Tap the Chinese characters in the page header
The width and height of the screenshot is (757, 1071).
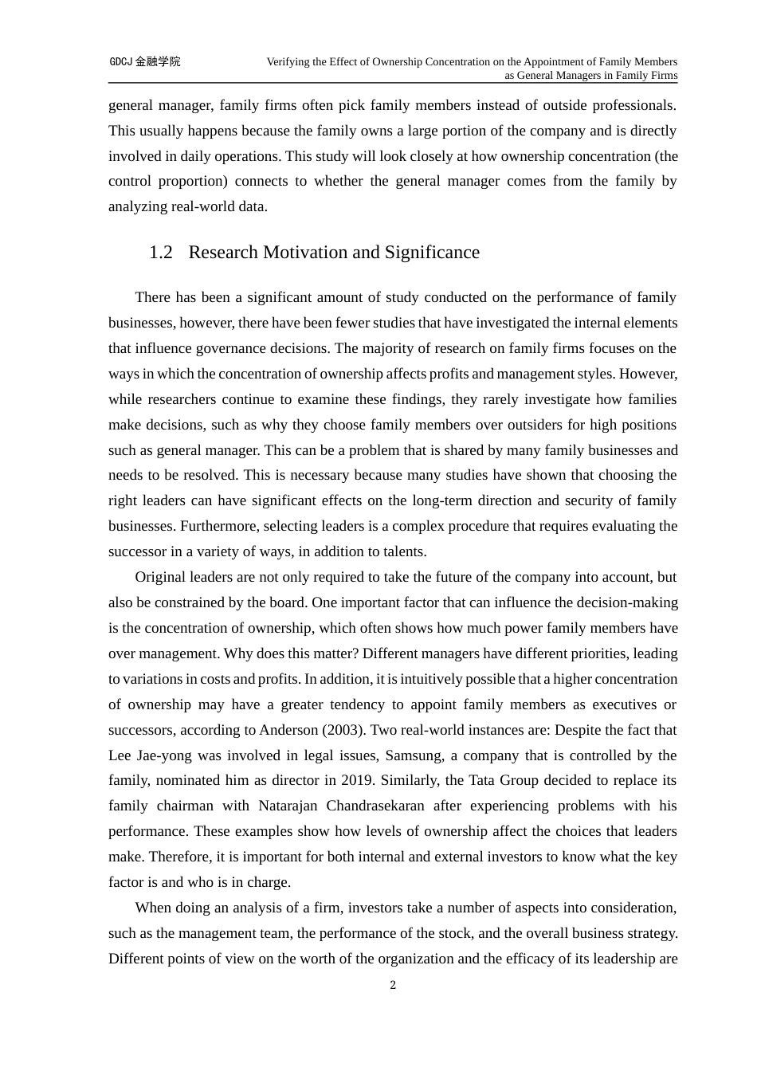tap(158, 62)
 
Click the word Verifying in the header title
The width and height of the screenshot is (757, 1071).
tap(289, 62)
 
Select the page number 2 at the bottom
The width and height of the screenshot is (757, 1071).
tap(393, 986)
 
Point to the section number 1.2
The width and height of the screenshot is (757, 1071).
tap(161, 253)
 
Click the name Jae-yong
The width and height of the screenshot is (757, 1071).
tap(163, 755)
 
